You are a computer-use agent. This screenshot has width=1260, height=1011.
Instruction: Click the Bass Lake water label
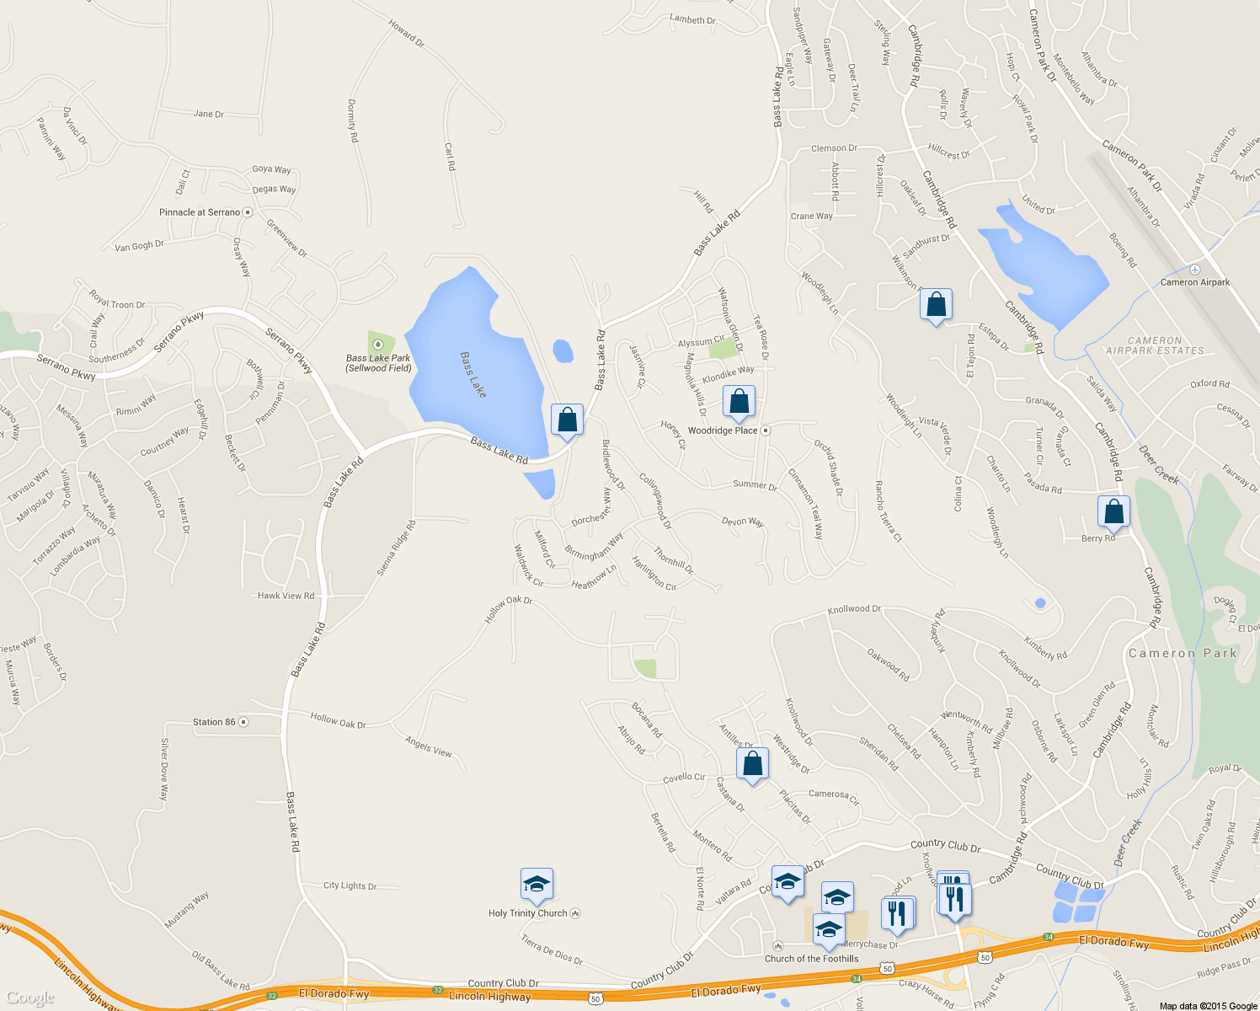tap(472, 375)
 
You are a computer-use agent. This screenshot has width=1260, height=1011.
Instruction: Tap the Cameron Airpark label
tap(1194, 282)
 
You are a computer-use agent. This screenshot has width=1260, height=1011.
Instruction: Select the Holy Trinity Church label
tap(528, 913)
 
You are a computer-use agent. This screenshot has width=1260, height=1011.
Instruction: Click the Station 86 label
tap(214, 722)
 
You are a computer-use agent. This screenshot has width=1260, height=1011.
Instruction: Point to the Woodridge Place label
tap(723, 431)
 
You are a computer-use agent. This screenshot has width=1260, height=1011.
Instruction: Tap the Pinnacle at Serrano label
tap(200, 212)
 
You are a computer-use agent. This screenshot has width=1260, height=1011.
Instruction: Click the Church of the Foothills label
tap(811, 959)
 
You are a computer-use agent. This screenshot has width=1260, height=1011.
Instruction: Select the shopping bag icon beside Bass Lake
tap(567, 420)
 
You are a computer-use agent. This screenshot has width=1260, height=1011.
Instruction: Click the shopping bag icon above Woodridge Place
tap(739, 402)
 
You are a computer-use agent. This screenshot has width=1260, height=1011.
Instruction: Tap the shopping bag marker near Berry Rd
tap(1113, 512)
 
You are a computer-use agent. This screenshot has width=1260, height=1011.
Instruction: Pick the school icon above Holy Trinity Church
tap(537, 885)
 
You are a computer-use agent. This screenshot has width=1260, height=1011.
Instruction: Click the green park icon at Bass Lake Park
tap(378, 344)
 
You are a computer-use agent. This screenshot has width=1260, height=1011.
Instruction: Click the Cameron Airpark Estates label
tap(1155, 345)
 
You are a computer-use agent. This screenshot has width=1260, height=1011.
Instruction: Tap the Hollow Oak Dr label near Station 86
tap(338, 721)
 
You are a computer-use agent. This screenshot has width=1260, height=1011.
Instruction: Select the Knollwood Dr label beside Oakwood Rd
tap(853, 608)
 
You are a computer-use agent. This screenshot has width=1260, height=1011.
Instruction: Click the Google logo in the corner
tap(30, 998)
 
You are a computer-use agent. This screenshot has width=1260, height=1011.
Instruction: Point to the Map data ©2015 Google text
tap(1208, 1006)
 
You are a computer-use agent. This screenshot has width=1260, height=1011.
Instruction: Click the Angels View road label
tap(429, 746)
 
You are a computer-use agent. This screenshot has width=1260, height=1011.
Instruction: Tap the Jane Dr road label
tap(209, 114)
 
